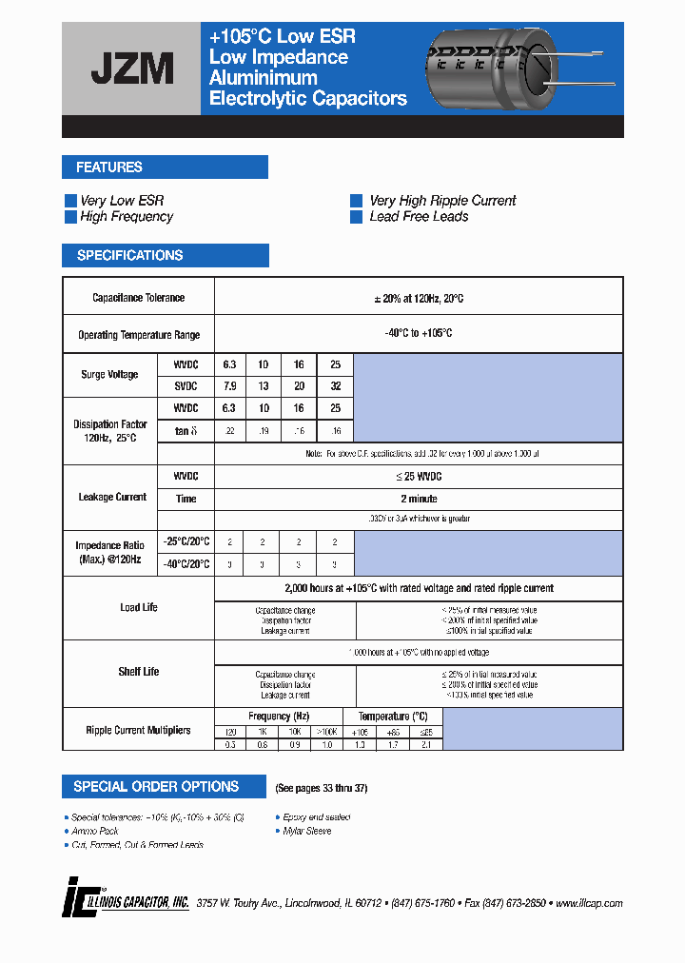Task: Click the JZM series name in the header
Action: (131, 69)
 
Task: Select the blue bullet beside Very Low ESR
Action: (69, 201)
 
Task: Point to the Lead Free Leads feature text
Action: (419, 217)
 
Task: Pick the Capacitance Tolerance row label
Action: (139, 298)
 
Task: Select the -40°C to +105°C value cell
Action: (419, 334)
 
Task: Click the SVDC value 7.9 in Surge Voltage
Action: (229, 386)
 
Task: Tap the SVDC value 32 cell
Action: (334, 386)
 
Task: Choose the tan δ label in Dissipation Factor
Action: (186, 430)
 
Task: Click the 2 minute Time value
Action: (419, 499)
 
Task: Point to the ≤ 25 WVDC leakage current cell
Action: (419, 476)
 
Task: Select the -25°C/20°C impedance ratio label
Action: (186, 540)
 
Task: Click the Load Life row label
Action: (139, 607)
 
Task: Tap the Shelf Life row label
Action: (139, 672)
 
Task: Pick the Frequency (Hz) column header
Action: (279, 717)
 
